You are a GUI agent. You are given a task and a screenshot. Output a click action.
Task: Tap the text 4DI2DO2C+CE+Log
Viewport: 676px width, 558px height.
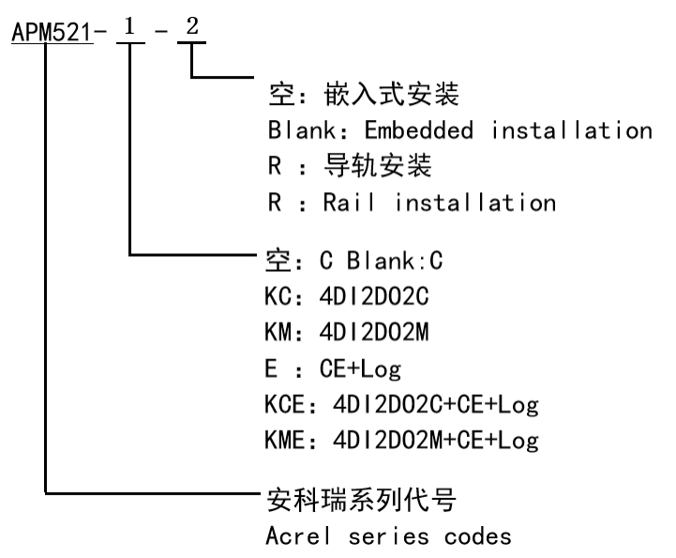pos(421,404)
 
